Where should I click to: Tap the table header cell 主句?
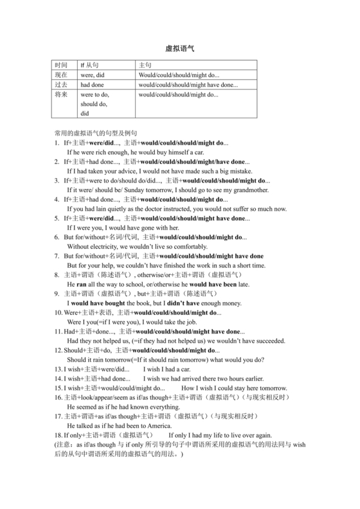tap(145, 66)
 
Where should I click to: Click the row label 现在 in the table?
tap(61, 75)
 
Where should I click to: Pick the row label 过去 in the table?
tap(61, 85)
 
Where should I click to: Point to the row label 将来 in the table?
tap(61, 94)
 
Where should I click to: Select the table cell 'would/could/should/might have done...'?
tap(188, 85)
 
